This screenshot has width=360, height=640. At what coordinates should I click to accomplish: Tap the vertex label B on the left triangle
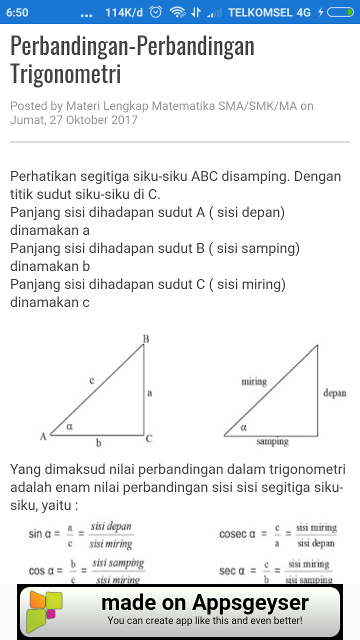click(146, 339)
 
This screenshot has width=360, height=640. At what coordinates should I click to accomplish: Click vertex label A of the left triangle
click(43, 436)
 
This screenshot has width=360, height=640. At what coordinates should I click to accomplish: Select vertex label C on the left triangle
click(149, 439)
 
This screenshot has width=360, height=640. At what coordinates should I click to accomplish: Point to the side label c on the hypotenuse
click(92, 380)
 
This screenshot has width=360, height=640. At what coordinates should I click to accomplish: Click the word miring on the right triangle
click(254, 382)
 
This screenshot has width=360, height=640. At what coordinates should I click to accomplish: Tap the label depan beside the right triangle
click(334, 393)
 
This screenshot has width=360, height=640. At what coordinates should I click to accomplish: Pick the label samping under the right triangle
click(272, 442)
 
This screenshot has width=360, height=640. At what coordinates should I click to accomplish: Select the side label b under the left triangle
click(98, 443)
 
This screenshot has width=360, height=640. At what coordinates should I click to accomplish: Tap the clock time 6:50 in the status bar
click(17, 12)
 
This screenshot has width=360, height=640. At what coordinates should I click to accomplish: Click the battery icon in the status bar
click(340, 12)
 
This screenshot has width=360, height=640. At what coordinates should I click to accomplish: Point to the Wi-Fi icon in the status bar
click(177, 12)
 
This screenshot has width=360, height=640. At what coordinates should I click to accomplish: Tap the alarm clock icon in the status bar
click(156, 12)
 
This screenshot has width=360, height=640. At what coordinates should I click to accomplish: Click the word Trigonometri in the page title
click(65, 73)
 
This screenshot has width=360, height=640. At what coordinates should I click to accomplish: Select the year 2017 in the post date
click(124, 120)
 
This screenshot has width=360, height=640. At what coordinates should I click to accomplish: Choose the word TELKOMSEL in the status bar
click(262, 12)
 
